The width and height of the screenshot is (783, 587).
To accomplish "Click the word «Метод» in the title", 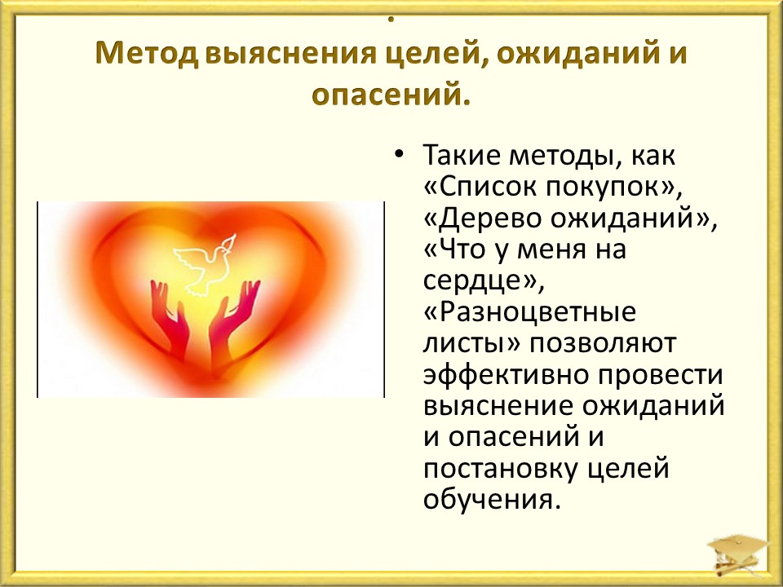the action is [x=146, y=54].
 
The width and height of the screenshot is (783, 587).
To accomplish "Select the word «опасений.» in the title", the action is [x=391, y=93].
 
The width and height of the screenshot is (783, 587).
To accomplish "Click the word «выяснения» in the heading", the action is [x=290, y=54].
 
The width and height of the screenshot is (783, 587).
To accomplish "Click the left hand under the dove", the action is [x=170, y=320].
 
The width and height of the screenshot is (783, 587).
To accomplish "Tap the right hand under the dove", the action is [x=234, y=320].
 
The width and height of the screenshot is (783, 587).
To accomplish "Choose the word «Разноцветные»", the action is [x=537, y=312].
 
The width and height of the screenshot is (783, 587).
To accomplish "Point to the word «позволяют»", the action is [x=602, y=344].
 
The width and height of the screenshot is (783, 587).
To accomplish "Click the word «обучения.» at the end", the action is [x=489, y=500].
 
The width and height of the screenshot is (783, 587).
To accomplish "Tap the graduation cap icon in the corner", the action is [x=739, y=553].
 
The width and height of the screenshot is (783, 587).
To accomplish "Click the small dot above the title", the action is [x=391, y=20].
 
